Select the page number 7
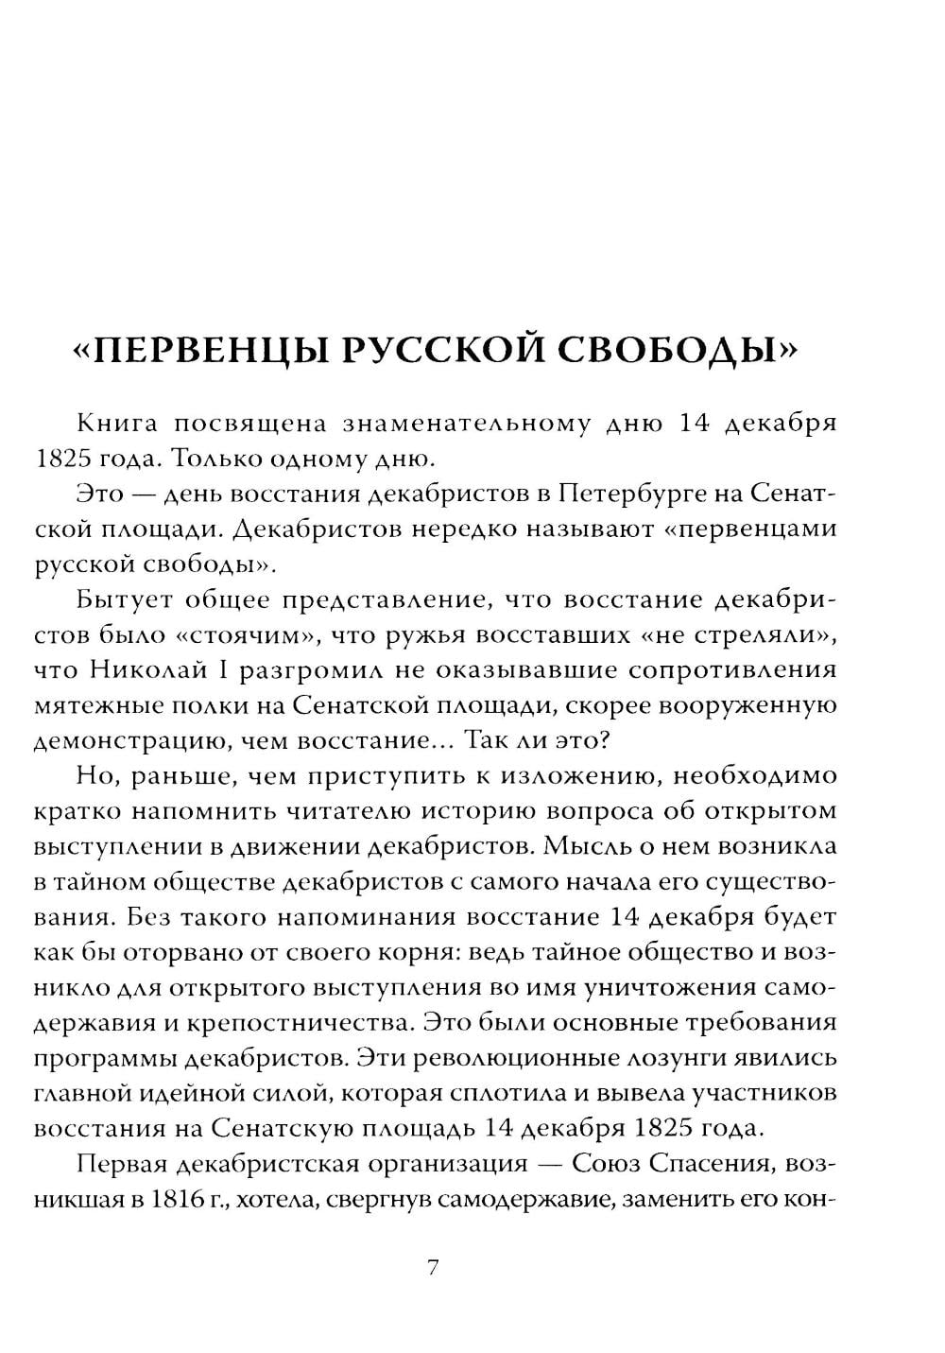[433, 1268]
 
